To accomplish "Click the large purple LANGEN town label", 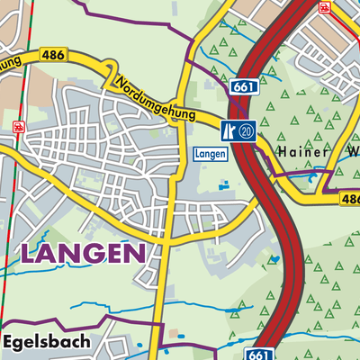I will (x=82, y=253).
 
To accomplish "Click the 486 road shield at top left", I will (x=51, y=56).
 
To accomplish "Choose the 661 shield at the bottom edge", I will (x=256, y=354).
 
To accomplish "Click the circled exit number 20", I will (x=247, y=130).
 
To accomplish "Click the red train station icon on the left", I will (x=19, y=127).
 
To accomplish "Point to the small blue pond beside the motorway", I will (x=274, y=259).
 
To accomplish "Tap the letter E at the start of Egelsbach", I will (x=8, y=342).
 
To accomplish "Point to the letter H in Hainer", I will (x=282, y=150).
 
